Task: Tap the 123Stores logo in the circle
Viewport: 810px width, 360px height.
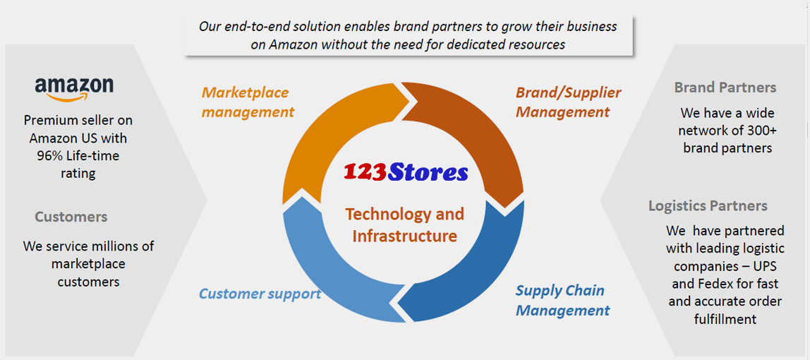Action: (x=406, y=172)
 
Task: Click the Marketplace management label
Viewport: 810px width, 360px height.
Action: (x=248, y=102)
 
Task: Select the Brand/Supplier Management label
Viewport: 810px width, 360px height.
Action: (x=568, y=102)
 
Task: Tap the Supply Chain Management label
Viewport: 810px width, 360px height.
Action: (x=562, y=300)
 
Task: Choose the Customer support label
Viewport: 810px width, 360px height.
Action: (x=260, y=294)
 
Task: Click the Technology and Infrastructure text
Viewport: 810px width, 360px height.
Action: (x=404, y=224)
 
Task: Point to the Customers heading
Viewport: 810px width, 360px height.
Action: (x=71, y=217)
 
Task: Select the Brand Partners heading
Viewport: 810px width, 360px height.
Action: (x=725, y=88)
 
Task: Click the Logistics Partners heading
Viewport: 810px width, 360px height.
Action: (x=708, y=206)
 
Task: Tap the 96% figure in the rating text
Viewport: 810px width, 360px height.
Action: (x=49, y=156)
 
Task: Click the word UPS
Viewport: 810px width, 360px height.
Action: (x=765, y=267)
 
